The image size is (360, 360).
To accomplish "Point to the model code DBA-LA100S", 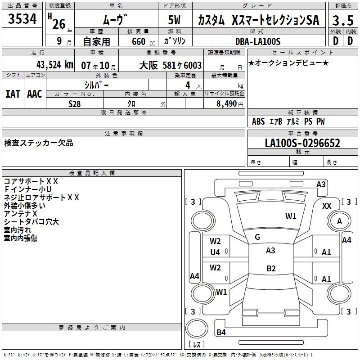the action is coord(258,41).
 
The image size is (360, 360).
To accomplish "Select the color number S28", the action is coord(75,103).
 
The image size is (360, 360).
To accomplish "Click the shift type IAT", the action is coord(13,94).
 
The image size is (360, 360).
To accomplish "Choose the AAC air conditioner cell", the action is coord(34,94).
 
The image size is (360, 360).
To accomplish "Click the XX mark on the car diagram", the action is coord(327,206).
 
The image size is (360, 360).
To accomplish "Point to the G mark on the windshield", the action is coord(257,237).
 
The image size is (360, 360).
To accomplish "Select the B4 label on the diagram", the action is coord(221,333).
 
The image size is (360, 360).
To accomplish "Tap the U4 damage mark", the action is coord(216,252).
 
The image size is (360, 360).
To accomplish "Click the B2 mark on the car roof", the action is coord(271,269).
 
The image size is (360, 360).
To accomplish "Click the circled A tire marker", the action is coord(339,221).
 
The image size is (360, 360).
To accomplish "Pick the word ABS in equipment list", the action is coord(258,121).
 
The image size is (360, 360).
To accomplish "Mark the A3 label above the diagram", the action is coord(321,184).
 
